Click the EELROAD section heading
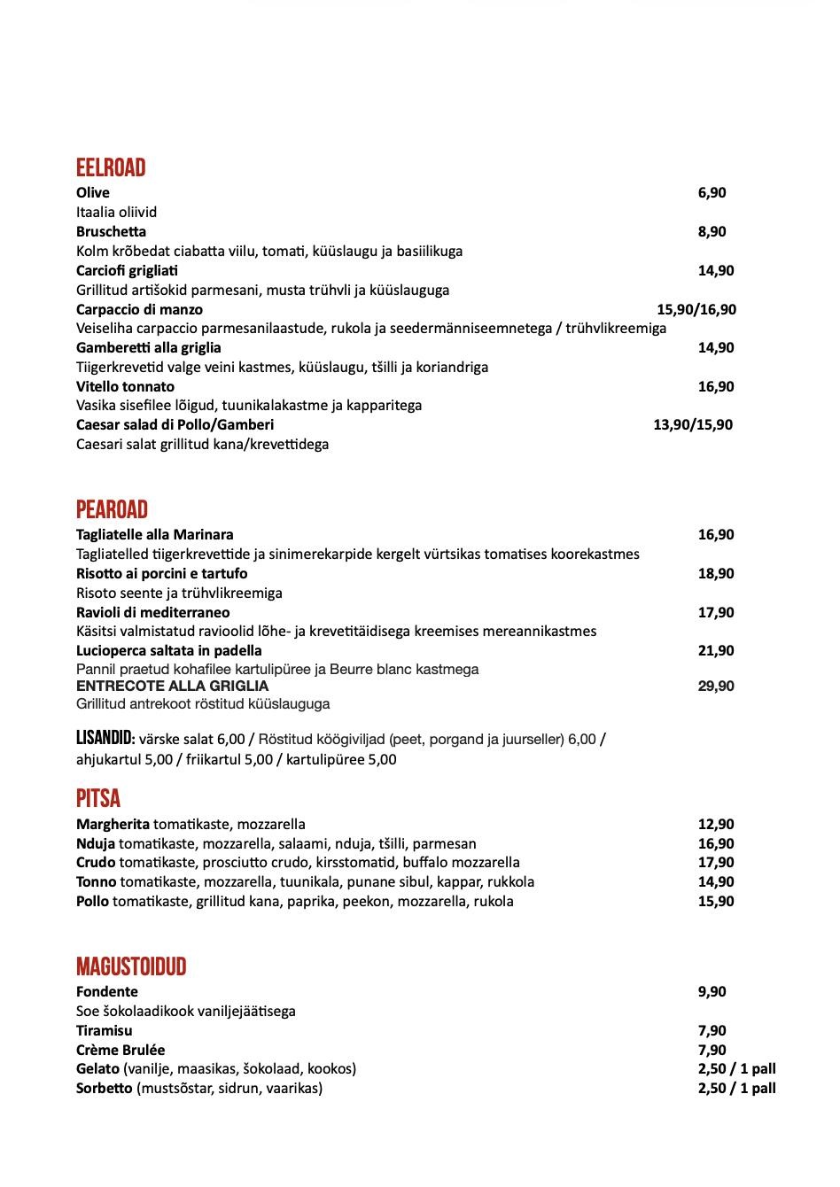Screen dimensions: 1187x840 point(111,168)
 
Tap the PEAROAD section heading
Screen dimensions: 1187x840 point(112,510)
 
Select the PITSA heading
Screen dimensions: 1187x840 point(98,799)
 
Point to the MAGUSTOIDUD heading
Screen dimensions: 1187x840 point(131,966)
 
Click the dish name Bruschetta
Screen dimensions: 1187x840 point(111,232)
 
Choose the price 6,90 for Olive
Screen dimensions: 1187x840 point(712,193)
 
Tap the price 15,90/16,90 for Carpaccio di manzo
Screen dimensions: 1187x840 point(696,309)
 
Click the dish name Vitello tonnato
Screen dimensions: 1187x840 point(125,387)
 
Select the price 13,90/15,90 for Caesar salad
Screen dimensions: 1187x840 point(693,425)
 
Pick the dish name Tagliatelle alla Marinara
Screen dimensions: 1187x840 point(155,535)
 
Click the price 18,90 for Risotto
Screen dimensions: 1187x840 point(716,574)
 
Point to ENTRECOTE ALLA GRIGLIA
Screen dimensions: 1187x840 point(172,687)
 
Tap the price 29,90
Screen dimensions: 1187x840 point(716,687)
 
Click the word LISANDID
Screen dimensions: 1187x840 point(105,738)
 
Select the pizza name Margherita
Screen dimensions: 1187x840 point(113,825)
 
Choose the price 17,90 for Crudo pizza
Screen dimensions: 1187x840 point(716,863)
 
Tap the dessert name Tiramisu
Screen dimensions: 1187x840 point(105,1031)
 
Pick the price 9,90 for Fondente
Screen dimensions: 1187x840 point(712,992)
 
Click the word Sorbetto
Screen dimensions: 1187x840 point(105,1089)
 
